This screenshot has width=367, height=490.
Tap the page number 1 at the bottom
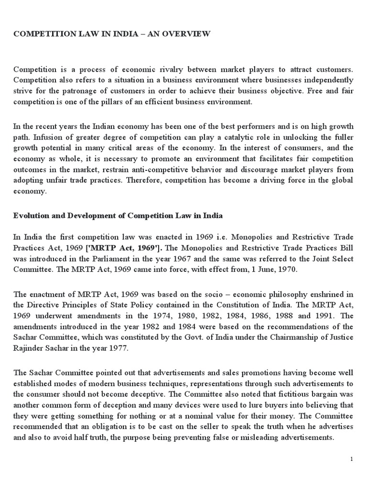point(352,459)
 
